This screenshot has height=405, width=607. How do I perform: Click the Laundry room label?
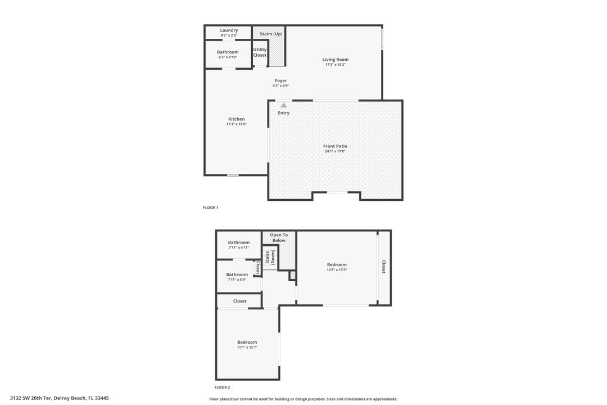tap(229, 30)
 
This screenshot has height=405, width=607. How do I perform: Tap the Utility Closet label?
tap(260, 52)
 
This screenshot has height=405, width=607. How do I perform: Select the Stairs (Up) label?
tap(271, 34)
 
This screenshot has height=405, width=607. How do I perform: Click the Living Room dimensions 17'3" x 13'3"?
tap(336, 65)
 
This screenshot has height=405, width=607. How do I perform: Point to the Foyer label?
tap(280, 81)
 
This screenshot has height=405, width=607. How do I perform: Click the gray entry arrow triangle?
tap(284, 105)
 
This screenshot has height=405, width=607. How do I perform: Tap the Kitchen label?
tap(236, 119)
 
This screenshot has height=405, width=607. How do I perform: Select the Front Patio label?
tap(335, 146)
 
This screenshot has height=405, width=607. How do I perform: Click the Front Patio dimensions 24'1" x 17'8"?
tap(335, 151)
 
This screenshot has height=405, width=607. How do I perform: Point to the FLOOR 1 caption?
tap(211, 208)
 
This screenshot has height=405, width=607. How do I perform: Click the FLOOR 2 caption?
tap(222, 387)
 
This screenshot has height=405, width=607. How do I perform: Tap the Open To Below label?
tap(279, 238)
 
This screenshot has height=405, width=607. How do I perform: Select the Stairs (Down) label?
tap(270, 257)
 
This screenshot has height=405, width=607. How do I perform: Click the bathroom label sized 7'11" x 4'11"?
tap(239, 242)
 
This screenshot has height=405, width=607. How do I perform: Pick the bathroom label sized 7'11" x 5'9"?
tap(237, 274)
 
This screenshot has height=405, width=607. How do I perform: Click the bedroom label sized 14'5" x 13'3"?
tap(337, 264)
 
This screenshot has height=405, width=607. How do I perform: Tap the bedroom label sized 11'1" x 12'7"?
tap(247, 342)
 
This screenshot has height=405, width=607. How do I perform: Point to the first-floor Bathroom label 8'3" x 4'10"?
tap(228, 52)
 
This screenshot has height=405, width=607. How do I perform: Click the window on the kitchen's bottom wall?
tap(233, 175)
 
